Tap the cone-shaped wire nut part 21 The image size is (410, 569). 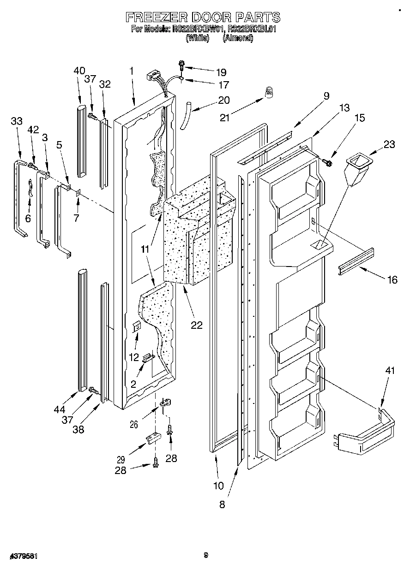pyautogui.click(x=268, y=93)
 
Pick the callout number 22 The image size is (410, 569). pyautogui.click(x=197, y=325)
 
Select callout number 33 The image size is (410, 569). pyautogui.click(x=17, y=121)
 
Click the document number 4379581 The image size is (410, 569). pyautogui.click(x=23, y=556)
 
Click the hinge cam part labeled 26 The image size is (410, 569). pyautogui.click(x=165, y=404)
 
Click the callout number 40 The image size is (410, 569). pyautogui.click(x=79, y=71)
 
